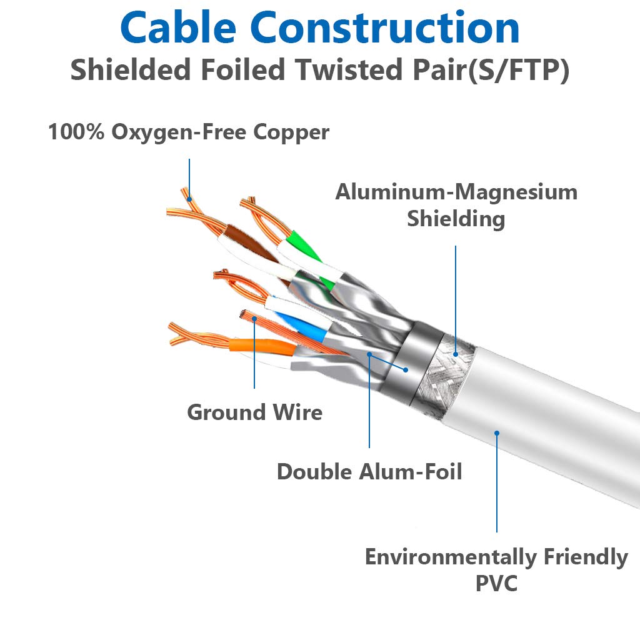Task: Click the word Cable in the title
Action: (x=179, y=28)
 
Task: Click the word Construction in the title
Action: (x=386, y=28)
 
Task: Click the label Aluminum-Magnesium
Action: (x=456, y=192)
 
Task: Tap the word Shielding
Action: (x=456, y=219)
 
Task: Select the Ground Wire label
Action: (x=255, y=412)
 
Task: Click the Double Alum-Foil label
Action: (x=369, y=472)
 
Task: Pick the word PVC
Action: (x=496, y=584)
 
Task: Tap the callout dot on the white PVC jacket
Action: (x=497, y=432)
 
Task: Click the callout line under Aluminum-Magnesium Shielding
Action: (x=456, y=294)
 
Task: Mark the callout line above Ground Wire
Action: (x=255, y=356)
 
